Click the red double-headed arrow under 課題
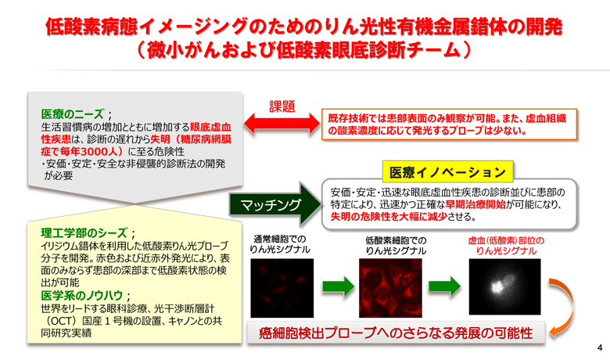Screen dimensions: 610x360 [x=282, y=124]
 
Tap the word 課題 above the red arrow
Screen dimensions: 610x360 [x=282, y=106]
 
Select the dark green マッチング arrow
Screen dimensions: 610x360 [x=275, y=204]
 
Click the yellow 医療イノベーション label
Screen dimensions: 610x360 [x=447, y=172]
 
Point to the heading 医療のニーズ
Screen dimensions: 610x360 [x=73, y=114]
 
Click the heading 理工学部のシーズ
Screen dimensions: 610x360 [x=84, y=232]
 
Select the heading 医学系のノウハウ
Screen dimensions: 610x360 [x=81, y=295]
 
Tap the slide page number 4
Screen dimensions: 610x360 [x=600, y=347]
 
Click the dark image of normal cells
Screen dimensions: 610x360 [x=282, y=288]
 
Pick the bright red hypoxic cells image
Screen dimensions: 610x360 [x=390, y=288]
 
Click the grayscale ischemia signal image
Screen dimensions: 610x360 [x=504, y=287]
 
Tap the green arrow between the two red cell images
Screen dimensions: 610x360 [x=338, y=287]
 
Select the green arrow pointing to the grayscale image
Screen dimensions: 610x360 [x=445, y=287]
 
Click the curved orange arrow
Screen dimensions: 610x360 [x=570, y=308]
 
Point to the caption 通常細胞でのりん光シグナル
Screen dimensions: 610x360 [x=280, y=244]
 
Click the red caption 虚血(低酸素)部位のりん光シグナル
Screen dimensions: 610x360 [x=506, y=246]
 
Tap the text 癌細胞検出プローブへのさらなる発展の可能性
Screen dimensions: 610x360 [x=396, y=333]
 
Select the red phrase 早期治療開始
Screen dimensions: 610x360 [x=475, y=204]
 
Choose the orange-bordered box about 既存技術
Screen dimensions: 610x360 [x=449, y=124]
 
